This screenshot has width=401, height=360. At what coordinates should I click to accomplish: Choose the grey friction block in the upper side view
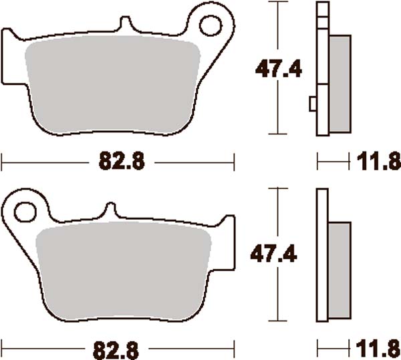(x=340, y=83)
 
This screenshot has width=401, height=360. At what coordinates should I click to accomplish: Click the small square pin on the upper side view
(x=313, y=104)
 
